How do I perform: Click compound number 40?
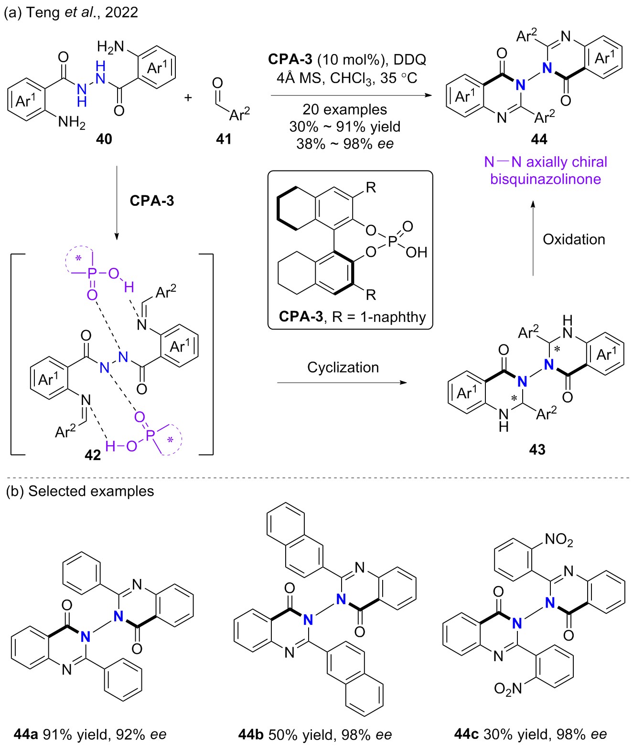pos(104,139)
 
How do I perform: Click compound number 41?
pos(224,139)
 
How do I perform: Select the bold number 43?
pos(537,449)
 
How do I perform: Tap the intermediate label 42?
pos(93,455)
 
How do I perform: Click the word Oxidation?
pos(574,239)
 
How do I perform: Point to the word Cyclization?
pos(343,367)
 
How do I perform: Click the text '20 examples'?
pos(344,109)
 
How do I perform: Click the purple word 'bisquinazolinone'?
pos(546,179)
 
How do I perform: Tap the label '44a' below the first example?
pos(26,734)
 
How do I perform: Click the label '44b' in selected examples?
pos(251,734)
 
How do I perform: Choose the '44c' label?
pos(467,734)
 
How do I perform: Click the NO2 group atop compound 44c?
pos(558,540)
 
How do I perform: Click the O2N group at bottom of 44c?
pos(508,688)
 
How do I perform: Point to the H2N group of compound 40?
pos(110,46)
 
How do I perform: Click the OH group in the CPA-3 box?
pos(416,252)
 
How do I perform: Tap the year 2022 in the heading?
pos(121,12)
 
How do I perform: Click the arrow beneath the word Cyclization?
pos(342,383)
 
